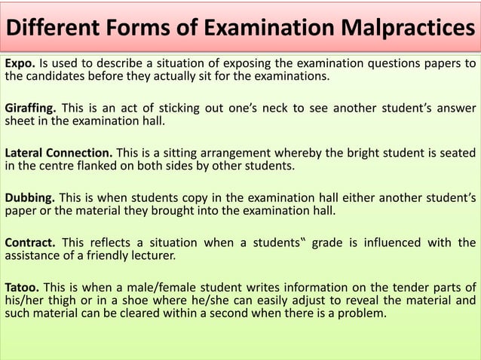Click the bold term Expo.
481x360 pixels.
click(x=20, y=63)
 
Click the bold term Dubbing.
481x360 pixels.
click(x=29, y=197)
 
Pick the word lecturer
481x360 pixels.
click(x=152, y=255)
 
